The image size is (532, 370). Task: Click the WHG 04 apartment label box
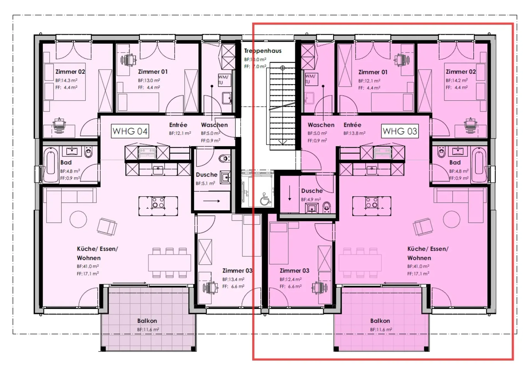point(130,131)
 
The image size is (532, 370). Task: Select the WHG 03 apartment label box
point(400,131)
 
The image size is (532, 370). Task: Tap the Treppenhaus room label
point(263,51)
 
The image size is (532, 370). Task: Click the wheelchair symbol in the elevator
point(265,199)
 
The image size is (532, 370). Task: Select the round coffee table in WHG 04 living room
point(78,219)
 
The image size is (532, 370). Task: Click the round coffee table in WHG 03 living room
point(452,219)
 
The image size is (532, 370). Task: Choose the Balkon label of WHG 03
point(380,321)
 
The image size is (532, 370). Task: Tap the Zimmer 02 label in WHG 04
point(70,72)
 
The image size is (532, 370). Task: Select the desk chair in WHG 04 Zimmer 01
point(129,60)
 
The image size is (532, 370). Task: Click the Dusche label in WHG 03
point(312,191)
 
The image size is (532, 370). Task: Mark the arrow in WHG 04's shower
point(212,201)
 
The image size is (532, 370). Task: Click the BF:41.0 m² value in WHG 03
point(418,266)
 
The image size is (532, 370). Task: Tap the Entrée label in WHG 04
point(178,125)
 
